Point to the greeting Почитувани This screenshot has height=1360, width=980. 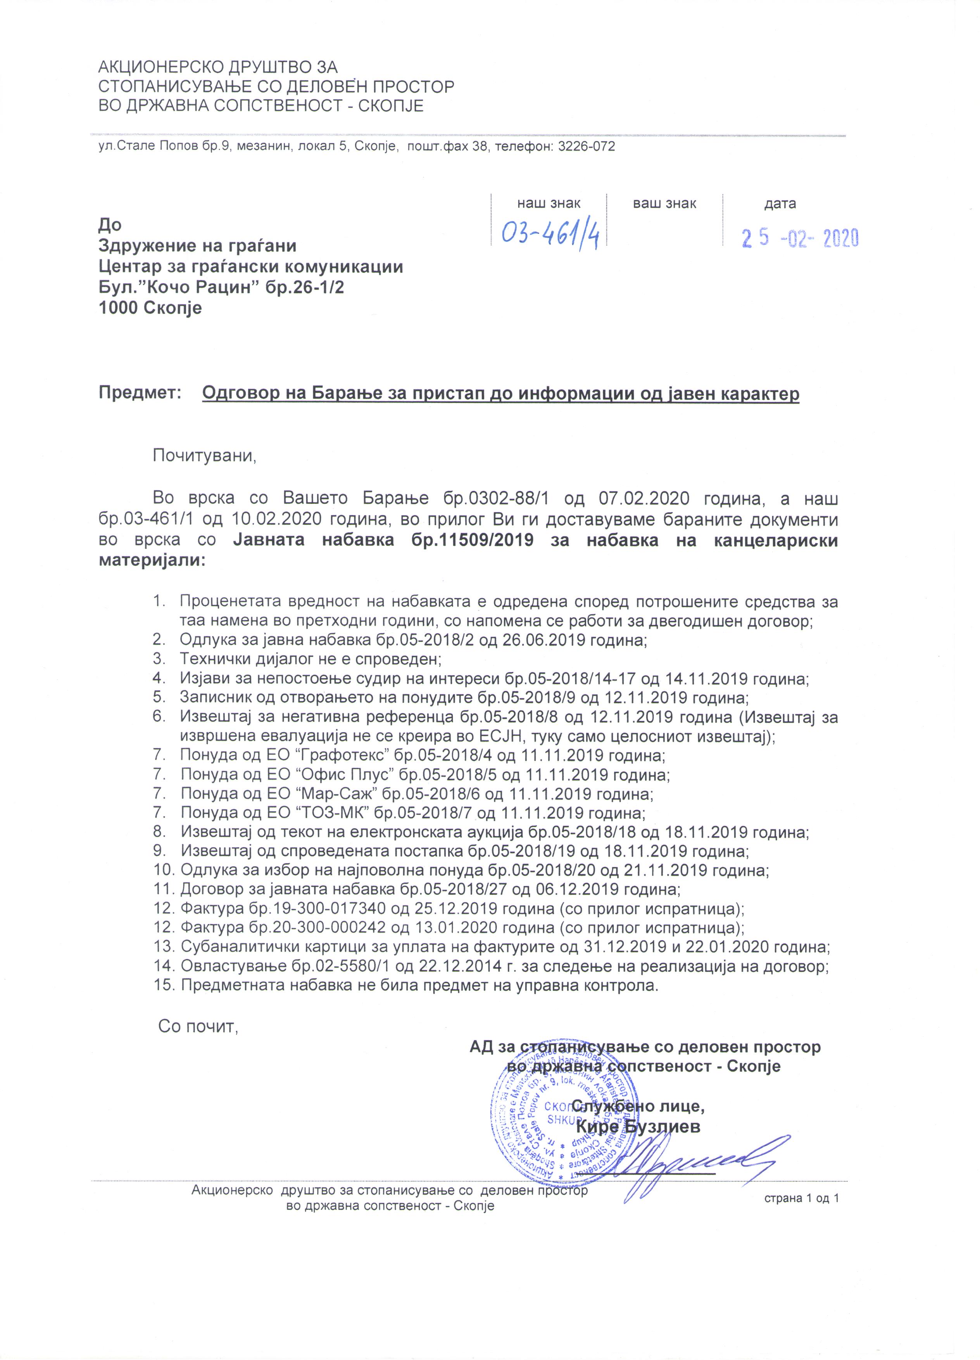pos(204,456)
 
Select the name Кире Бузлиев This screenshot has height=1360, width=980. pos(638,1127)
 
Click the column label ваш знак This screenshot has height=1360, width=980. pos(665,204)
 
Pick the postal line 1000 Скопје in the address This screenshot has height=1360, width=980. pos(150,309)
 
